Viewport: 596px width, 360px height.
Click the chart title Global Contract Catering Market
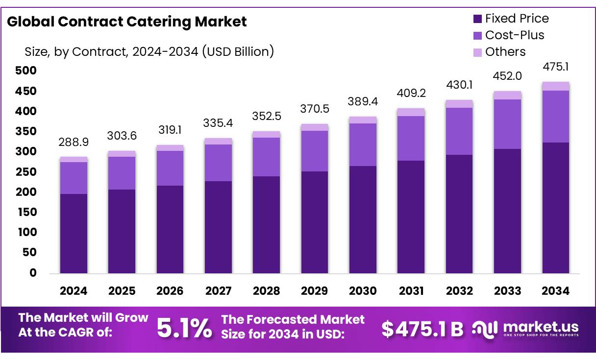click(127, 22)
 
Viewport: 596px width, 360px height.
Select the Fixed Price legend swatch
click(478, 19)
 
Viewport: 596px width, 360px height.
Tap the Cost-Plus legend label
click(515, 35)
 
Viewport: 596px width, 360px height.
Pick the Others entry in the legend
click(505, 52)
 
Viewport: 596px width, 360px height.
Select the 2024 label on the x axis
click(74, 291)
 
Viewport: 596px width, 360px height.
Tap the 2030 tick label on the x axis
click(363, 291)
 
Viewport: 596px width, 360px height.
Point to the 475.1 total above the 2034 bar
click(556, 67)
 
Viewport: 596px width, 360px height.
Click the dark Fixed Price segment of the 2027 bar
click(218, 227)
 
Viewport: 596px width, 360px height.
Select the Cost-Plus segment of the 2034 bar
click(556, 117)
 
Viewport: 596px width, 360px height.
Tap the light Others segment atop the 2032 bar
click(459, 104)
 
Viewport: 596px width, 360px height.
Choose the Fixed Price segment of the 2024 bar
click(74, 234)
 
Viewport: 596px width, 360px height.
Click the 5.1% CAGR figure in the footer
click(184, 328)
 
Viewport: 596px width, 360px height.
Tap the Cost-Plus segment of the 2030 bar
click(363, 144)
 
